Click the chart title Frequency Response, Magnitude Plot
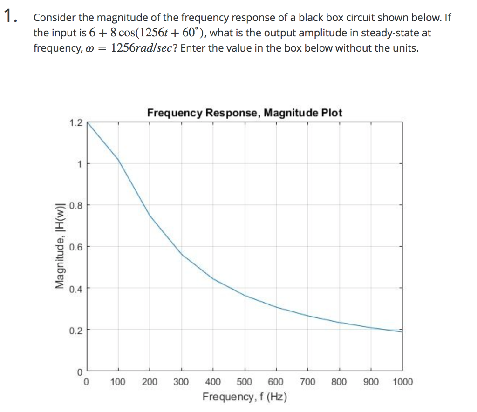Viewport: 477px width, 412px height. [245, 113]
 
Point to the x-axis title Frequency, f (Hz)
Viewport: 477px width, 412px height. [245, 397]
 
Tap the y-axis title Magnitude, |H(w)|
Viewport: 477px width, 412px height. [60, 246]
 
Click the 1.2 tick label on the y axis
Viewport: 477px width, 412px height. [75, 123]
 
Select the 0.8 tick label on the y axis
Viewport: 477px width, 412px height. [75, 205]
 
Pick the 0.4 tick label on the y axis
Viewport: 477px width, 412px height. [75, 289]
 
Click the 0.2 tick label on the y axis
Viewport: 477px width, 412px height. [75, 331]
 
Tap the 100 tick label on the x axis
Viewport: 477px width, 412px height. [118, 382]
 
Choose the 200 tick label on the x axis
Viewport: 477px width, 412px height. [150, 382]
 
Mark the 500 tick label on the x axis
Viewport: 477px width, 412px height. [245, 382]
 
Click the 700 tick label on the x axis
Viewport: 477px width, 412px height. [307, 382]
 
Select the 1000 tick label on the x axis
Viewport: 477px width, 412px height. [402, 382]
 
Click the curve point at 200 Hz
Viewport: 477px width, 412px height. [150, 216]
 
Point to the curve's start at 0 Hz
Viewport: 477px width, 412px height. [87, 123]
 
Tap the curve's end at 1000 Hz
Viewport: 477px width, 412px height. [402, 331]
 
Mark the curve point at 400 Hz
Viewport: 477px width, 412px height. [213, 278]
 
